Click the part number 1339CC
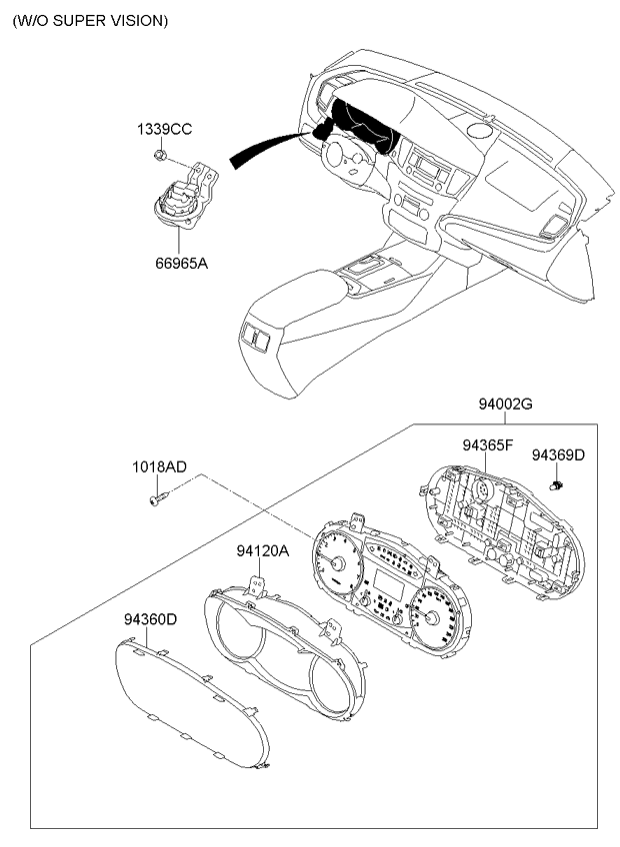164,130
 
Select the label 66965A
182,264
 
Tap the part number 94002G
505,404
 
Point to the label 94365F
487,445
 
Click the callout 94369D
558,455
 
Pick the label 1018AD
160,467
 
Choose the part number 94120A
262,551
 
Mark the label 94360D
150,619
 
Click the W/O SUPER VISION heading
90,21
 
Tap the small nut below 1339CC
159,156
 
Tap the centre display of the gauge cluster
388,585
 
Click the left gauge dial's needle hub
338,563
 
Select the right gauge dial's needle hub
431,617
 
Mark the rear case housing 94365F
503,533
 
